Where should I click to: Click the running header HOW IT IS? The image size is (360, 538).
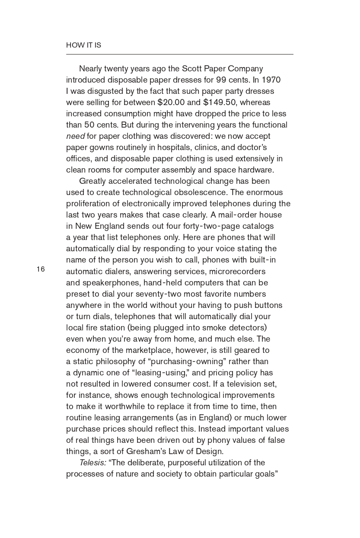tap(83, 45)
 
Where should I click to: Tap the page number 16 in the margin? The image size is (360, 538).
tap(41, 269)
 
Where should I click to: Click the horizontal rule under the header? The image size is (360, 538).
tap(179, 54)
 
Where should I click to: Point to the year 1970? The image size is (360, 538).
tap(271, 80)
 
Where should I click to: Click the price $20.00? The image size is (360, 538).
tap(171, 102)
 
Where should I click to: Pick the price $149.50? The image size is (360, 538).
tap(220, 102)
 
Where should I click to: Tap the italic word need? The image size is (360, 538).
tap(75, 136)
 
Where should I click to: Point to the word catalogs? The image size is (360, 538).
tap(258, 226)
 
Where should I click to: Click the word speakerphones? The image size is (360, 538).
tap(108, 282)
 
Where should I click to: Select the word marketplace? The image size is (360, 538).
tap(148, 350)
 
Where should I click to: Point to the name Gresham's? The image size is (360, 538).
tap(147, 451)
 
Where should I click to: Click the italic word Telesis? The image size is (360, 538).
tap(92, 462)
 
